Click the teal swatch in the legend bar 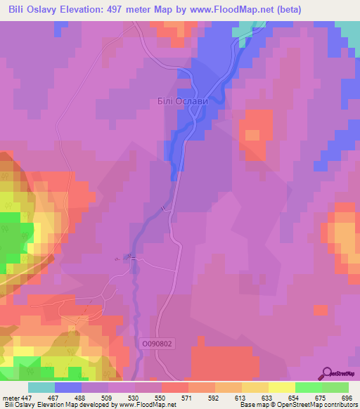point(41,388)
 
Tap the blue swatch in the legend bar point(68,388)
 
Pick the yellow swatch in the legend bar point(281,388)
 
